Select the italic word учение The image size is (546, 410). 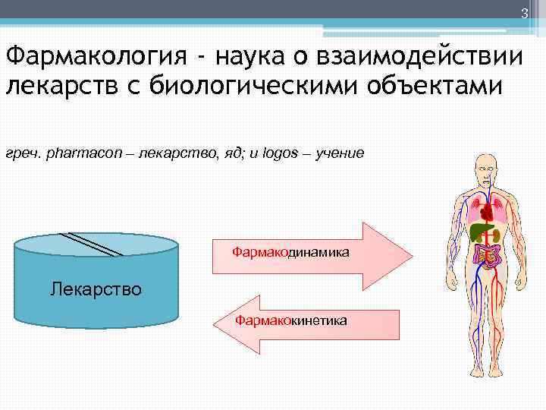(x=340, y=153)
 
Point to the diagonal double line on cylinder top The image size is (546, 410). (x=88, y=242)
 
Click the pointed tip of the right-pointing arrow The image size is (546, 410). (x=409, y=256)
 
